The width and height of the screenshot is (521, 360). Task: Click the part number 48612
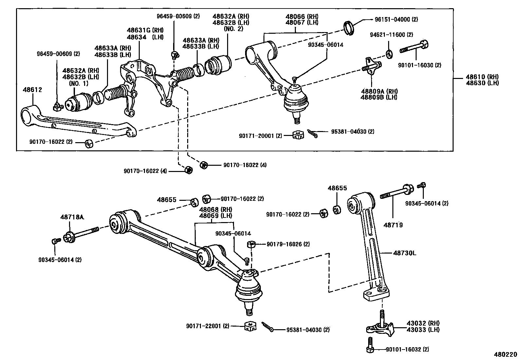[x=32, y=89]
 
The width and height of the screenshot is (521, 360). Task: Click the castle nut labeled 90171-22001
[x=250, y=326]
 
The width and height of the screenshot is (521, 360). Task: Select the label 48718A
[x=72, y=217]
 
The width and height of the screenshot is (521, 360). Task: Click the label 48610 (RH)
[x=482, y=77]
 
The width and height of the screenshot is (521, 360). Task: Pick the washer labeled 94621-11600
[x=389, y=53]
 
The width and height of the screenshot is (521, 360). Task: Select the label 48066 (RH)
[x=302, y=16]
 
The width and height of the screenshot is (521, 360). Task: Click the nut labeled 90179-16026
[x=251, y=244]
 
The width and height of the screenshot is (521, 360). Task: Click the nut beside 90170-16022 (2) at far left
[x=89, y=143]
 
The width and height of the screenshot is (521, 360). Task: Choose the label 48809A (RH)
[x=379, y=91]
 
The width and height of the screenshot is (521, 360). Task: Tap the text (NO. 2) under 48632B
[x=233, y=28]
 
